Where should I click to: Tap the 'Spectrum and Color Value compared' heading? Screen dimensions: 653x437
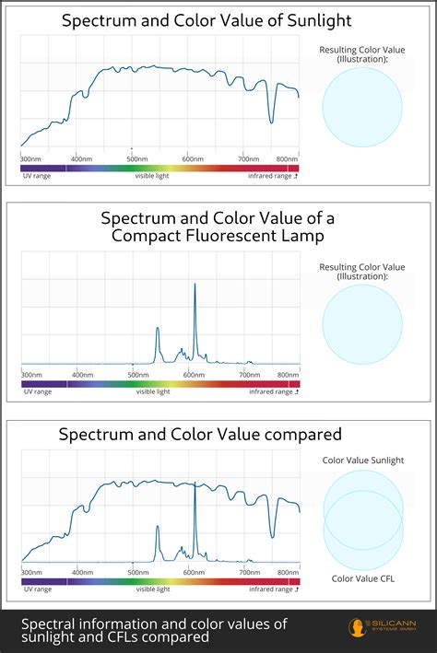tap(200, 434)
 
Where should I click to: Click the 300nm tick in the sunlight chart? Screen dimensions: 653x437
tap(31, 158)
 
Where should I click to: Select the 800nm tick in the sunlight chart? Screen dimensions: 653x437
tap(287, 158)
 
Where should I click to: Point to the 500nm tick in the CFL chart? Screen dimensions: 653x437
tap(138, 375)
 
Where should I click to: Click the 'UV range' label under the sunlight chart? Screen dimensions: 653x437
tap(37, 175)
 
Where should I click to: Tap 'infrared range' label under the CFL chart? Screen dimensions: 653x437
tap(273, 391)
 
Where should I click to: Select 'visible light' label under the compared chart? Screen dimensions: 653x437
tap(153, 589)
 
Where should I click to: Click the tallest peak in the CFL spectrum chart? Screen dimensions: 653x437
tap(195, 286)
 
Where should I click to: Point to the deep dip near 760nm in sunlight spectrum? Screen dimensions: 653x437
tap(271, 121)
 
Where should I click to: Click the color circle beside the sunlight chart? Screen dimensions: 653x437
tap(362, 108)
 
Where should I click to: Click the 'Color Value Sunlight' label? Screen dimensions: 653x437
tap(362, 460)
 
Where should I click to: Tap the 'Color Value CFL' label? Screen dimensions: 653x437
tap(362, 578)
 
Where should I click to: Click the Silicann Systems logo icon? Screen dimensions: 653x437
tap(355, 629)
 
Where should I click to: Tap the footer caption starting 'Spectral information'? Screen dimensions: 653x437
tap(154, 630)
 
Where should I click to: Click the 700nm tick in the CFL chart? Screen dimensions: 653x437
tap(248, 375)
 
